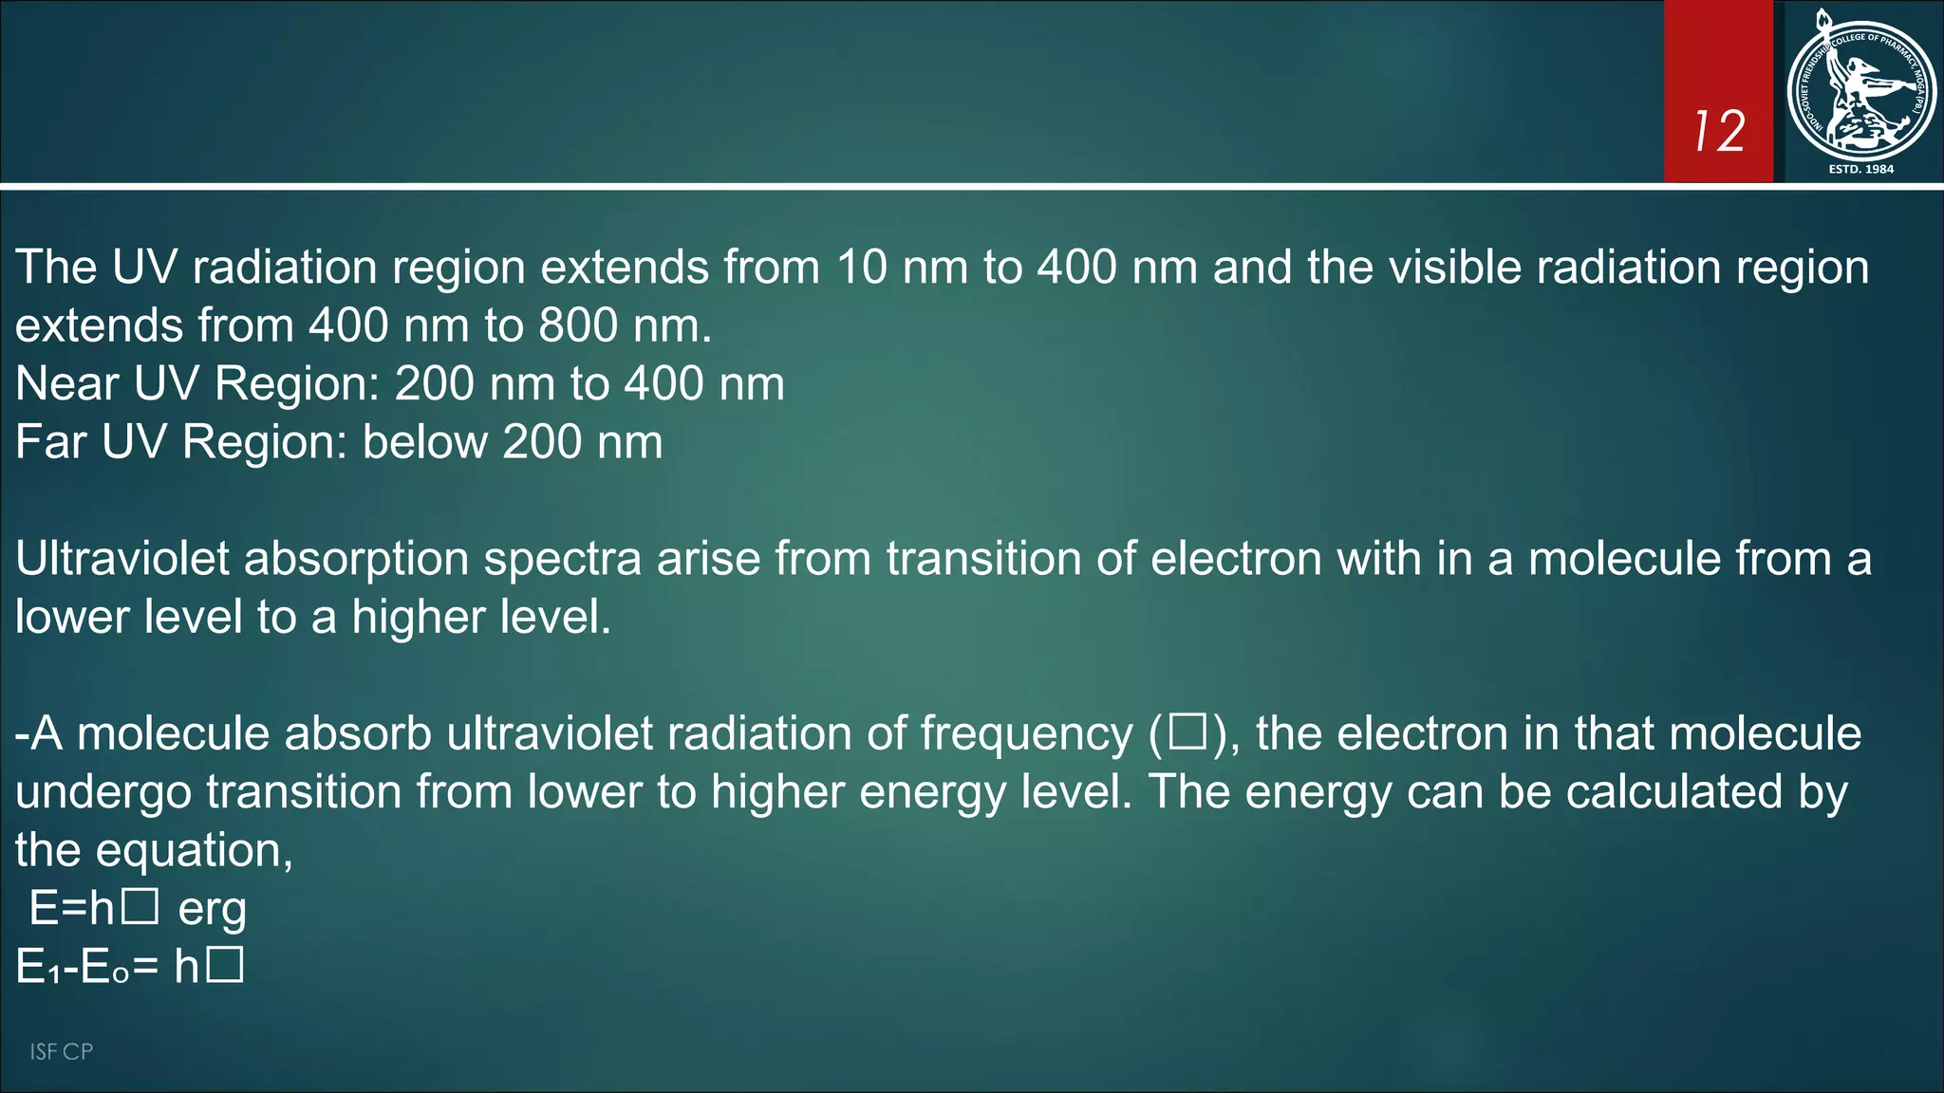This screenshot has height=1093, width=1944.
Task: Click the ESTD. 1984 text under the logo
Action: (x=1860, y=169)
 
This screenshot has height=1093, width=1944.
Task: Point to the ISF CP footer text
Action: (x=61, y=1051)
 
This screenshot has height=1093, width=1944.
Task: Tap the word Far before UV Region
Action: (x=50, y=442)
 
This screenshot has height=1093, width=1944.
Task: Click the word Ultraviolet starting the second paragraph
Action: (x=122, y=559)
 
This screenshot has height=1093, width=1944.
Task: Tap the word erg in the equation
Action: (x=213, y=909)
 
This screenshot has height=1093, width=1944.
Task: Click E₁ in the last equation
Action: (x=37, y=968)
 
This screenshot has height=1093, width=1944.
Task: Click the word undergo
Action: (x=103, y=792)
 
